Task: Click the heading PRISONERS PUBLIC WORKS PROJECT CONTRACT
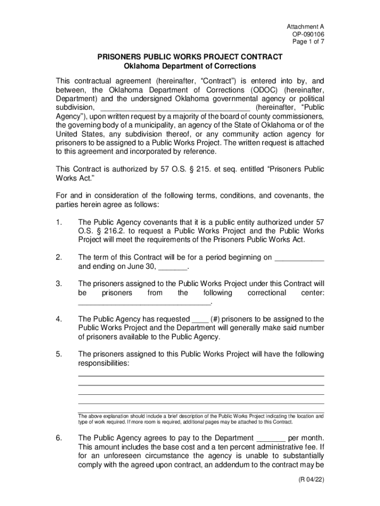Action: (x=190, y=57)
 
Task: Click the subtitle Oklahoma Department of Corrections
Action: (x=190, y=66)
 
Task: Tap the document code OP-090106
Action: (x=308, y=34)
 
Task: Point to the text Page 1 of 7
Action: (x=308, y=42)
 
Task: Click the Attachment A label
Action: (x=305, y=26)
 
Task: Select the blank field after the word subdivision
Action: (x=175, y=107)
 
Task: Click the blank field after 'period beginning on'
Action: (x=299, y=257)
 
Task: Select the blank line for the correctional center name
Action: (x=144, y=302)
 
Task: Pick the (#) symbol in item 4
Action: (x=216, y=319)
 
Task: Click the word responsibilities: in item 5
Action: (x=104, y=363)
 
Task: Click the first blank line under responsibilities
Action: (x=201, y=376)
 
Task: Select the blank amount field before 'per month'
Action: (x=271, y=438)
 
